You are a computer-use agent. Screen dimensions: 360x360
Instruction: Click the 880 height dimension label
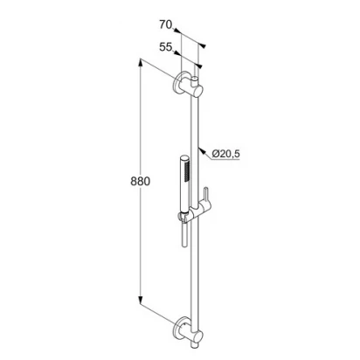(140, 181)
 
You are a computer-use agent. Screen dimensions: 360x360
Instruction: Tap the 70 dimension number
(166, 24)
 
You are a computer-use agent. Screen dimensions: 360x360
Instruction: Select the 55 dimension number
(166, 46)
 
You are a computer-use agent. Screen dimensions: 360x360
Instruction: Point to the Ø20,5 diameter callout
(225, 154)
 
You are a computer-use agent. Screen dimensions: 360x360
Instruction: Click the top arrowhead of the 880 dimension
(141, 63)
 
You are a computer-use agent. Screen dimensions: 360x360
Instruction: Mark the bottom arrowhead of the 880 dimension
(141, 301)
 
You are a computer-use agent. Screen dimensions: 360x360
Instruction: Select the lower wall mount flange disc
(178, 328)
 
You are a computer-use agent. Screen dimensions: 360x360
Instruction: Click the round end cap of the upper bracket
(197, 91)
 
